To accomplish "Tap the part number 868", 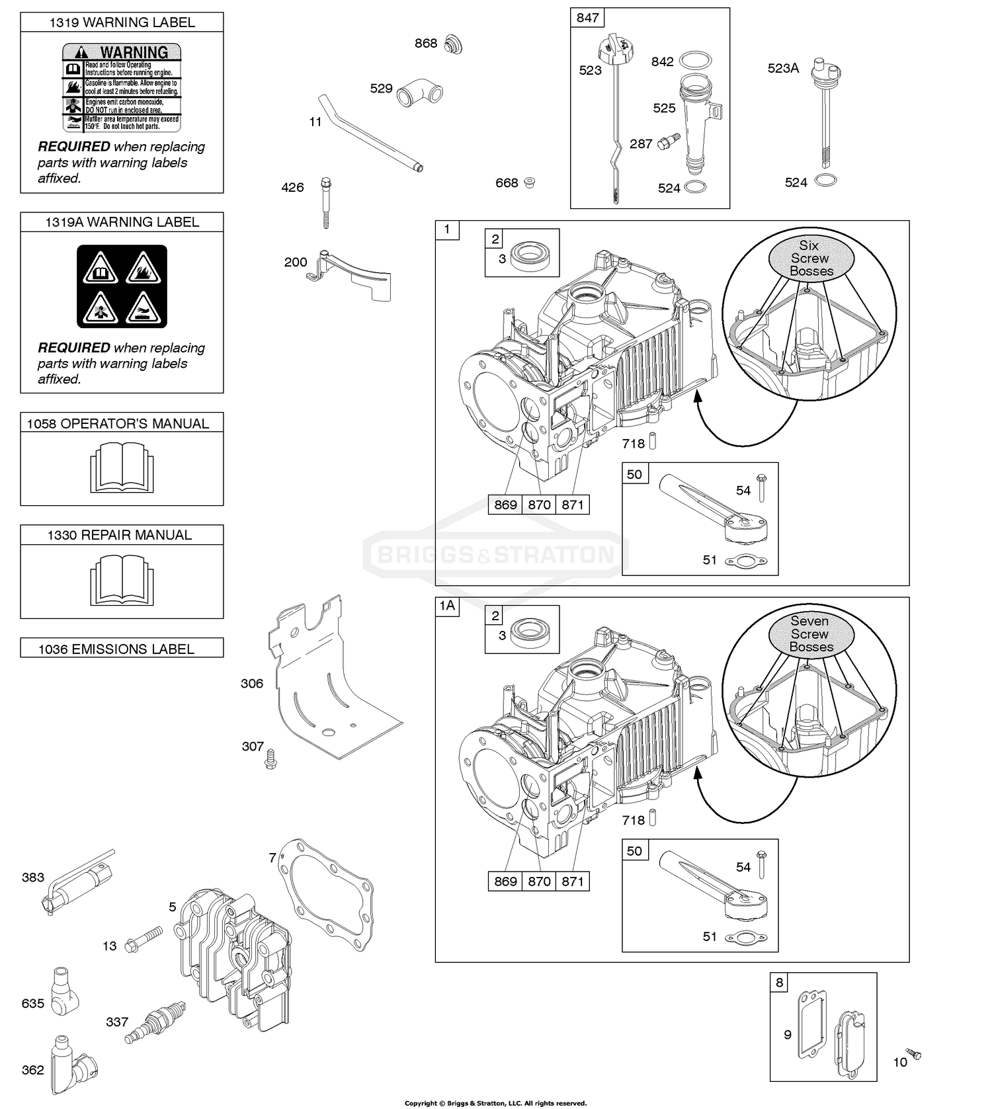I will (425, 43).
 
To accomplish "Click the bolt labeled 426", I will (325, 201).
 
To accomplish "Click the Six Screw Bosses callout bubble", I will (811, 258).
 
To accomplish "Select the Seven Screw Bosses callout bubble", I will (811, 634).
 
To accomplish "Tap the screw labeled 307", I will (270, 758).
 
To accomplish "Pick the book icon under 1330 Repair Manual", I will (122, 579).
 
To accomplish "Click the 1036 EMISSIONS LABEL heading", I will (116, 649).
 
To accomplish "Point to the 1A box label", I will (447, 606).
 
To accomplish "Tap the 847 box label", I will (587, 18).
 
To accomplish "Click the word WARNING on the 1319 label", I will (134, 52).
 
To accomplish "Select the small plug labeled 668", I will (529, 182).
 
